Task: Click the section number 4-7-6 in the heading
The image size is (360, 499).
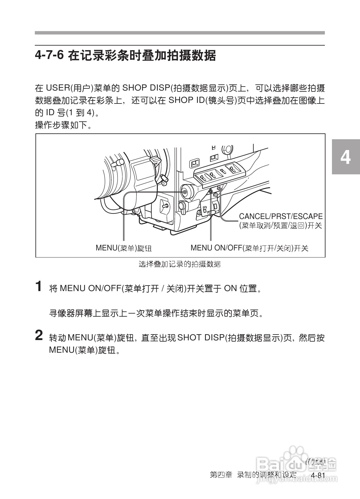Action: click(x=49, y=56)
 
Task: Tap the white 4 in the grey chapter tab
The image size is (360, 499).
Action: click(x=346, y=157)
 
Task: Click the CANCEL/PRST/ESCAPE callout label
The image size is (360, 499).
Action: click(x=281, y=217)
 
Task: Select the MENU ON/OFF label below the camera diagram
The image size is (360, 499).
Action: click(x=249, y=248)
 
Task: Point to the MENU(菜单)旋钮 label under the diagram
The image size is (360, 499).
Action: click(x=124, y=248)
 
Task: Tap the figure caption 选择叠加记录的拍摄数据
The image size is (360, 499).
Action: click(x=179, y=264)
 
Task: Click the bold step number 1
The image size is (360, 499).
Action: click(x=39, y=286)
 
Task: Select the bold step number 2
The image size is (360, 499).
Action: click(x=39, y=336)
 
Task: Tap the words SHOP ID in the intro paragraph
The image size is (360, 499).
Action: click(x=186, y=100)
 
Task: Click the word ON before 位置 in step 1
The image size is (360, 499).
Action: click(x=230, y=289)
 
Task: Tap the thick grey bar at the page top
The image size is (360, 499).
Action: click(x=180, y=33)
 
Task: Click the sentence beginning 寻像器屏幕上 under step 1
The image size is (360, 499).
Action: click(x=156, y=314)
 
